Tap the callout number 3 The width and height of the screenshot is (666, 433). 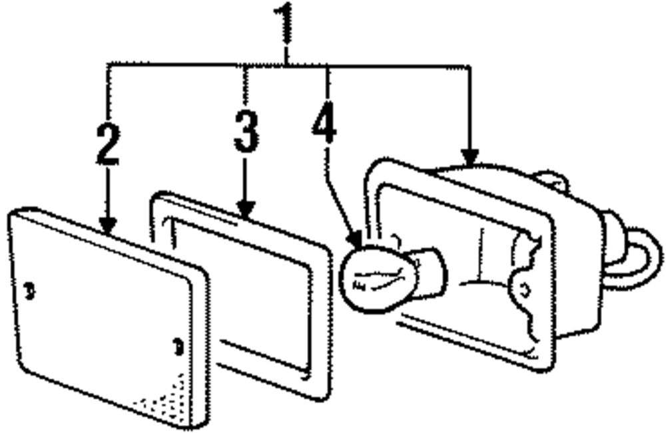(x=246, y=132)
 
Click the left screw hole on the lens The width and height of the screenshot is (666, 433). (x=29, y=291)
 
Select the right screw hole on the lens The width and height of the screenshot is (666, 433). (x=177, y=345)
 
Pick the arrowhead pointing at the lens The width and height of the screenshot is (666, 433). (x=107, y=226)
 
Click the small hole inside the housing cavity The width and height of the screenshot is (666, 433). (x=525, y=289)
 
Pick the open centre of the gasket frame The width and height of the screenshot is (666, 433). (x=240, y=286)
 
